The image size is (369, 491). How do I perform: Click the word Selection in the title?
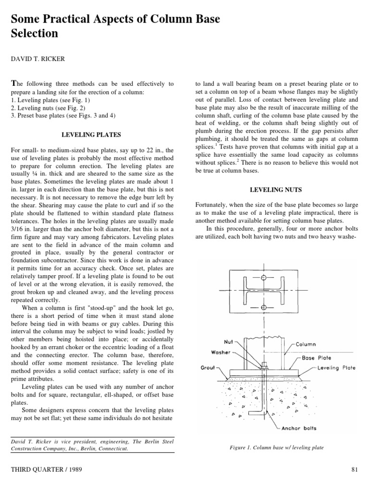[34, 34]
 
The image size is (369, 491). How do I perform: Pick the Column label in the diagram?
[306, 344]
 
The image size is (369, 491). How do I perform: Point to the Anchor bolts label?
[298, 428]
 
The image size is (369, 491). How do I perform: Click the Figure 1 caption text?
[277, 448]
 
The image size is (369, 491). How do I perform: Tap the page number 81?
[356, 470]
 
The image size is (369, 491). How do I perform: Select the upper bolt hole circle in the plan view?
[263, 278]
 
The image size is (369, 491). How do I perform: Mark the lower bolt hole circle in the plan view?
[263, 307]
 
